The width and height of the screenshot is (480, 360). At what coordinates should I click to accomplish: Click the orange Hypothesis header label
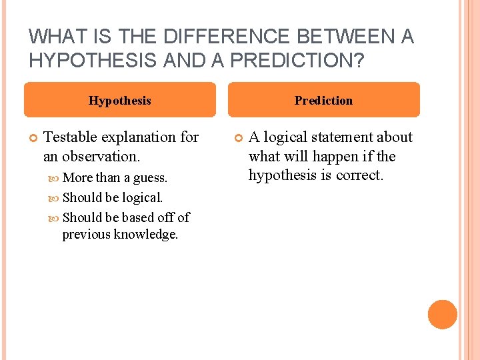(120, 101)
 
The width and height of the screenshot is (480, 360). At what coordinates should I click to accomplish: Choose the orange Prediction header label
(324, 101)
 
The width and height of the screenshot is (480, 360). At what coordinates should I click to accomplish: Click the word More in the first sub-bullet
(77, 178)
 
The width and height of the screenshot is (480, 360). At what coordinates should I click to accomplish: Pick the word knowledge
(147, 235)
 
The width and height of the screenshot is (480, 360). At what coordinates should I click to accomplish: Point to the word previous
(87, 235)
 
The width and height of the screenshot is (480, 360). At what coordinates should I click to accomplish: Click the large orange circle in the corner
(443, 315)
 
